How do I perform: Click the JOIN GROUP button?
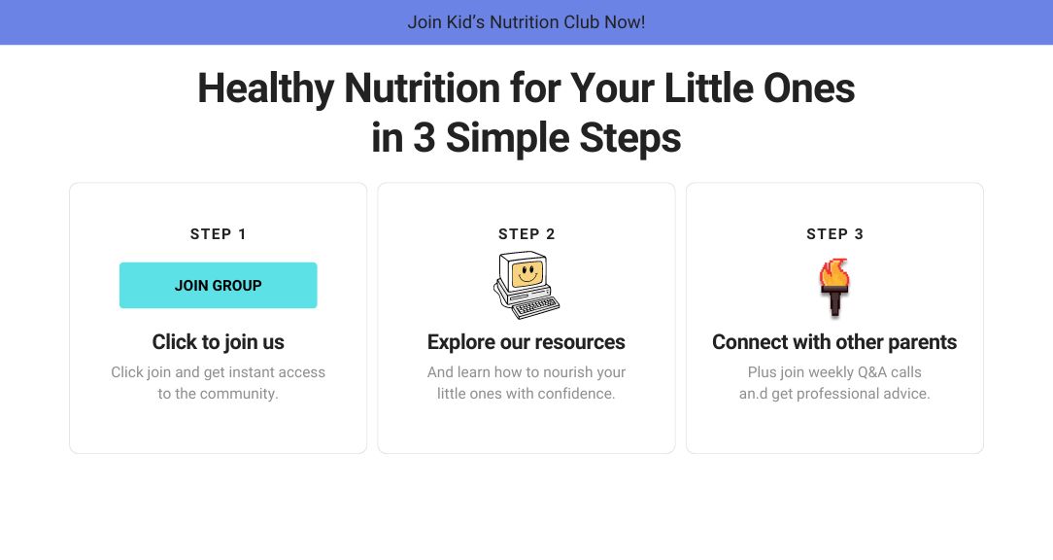coord(219,285)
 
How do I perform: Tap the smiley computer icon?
coord(526,285)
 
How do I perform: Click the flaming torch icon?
coord(834,287)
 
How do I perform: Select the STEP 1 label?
coord(219,234)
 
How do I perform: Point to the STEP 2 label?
coord(526,234)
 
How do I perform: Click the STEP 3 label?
coord(834,234)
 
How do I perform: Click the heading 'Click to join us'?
coord(219,342)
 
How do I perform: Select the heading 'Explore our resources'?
coord(526,342)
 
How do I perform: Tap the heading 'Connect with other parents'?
coord(834,342)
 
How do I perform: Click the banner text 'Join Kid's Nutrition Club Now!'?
coord(526,22)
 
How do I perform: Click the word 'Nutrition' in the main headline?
coord(423,88)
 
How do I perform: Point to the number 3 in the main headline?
coord(424,138)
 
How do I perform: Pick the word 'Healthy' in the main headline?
coord(265,89)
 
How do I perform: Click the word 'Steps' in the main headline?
coord(629,139)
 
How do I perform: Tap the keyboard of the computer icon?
coord(535,307)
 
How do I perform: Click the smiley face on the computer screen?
coord(526,274)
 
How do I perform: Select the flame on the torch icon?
coord(834,272)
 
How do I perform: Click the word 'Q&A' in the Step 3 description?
coord(872,372)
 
